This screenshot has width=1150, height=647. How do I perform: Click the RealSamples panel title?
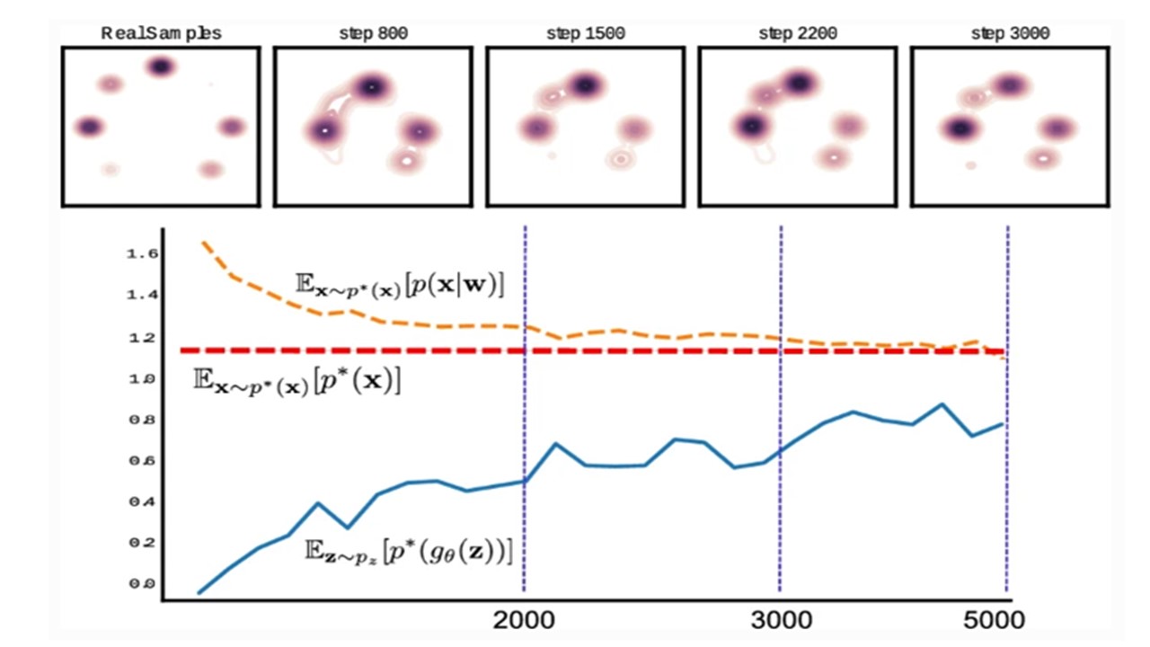(x=162, y=33)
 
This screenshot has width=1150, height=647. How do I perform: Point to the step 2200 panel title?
(x=798, y=33)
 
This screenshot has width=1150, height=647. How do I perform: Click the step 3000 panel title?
(x=1010, y=33)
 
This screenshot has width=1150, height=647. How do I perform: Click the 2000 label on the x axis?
(x=524, y=621)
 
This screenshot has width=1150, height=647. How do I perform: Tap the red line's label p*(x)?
(x=297, y=380)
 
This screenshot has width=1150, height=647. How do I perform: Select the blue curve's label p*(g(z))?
(x=409, y=550)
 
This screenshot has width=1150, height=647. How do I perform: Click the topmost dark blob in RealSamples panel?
(x=161, y=66)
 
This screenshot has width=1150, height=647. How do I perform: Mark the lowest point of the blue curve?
(x=199, y=593)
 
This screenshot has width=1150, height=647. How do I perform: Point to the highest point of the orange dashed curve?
(x=202, y=242)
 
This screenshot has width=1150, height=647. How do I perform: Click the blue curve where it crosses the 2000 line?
(x=525, y=482)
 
